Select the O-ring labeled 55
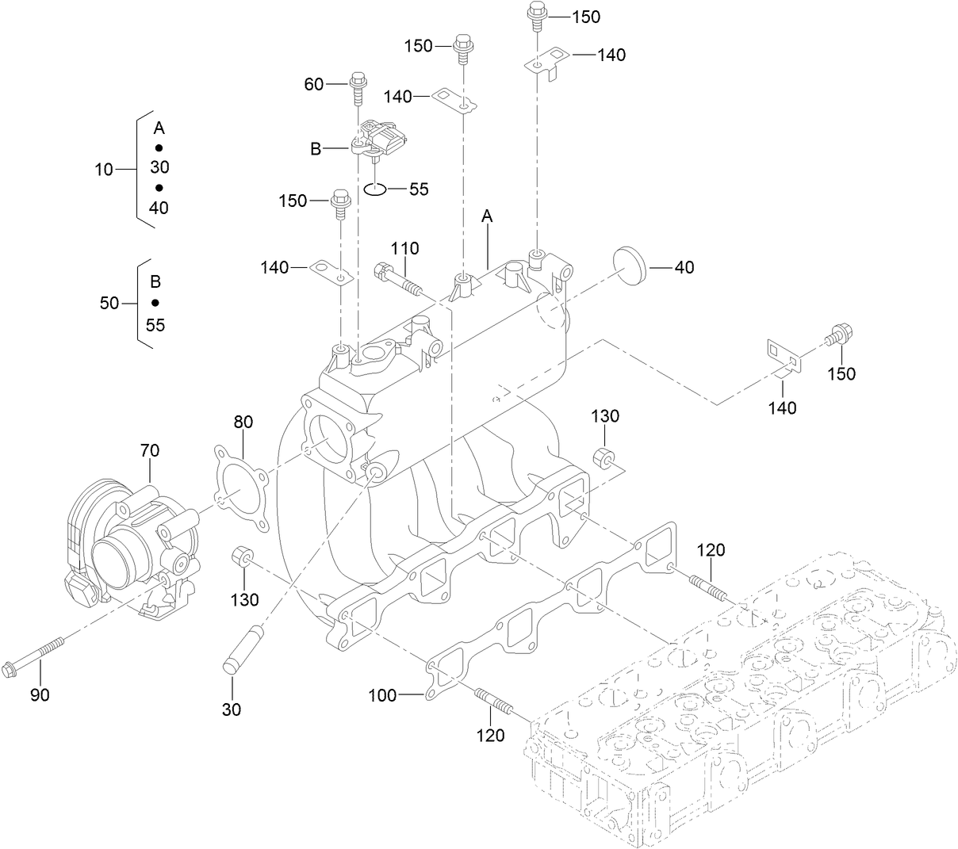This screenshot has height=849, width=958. (376, 189)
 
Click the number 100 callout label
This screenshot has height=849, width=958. (382, 696)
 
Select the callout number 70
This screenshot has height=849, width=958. (149, 451)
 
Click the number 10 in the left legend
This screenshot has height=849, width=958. (104, 169)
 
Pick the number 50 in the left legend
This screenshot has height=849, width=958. (109, 303)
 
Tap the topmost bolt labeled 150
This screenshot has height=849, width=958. (536, 14)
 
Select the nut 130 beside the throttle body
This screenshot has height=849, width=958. (241, 559)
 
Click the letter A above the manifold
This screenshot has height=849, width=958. (487, 216)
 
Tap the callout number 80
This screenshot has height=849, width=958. (243, 422)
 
